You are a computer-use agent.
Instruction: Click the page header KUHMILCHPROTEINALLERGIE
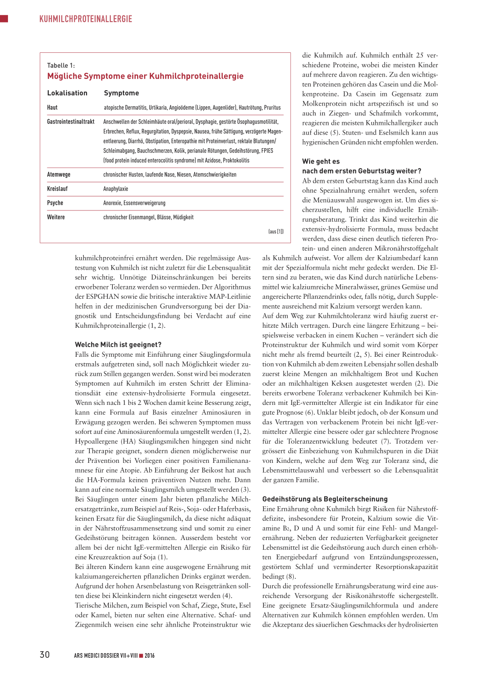[x=86, y=19]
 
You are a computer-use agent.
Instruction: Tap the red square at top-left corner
[x=4, y=19]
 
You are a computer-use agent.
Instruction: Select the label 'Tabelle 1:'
[x=61, y=65]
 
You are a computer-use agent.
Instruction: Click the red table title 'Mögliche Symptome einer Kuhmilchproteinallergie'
[x=145, y=76]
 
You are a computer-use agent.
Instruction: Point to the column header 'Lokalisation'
[x=67, y=93]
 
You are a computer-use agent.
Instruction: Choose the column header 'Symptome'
[x=121, y=93]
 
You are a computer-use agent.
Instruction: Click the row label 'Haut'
[x=52, y=108]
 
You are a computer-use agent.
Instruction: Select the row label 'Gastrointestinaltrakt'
[x=71, y=122]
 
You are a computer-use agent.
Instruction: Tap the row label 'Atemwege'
[x=58, y=174]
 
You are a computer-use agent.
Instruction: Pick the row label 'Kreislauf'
[x=57, y=189]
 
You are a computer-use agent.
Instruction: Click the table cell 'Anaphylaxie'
[x=116, y=189]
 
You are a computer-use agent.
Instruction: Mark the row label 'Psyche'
[x=55, y=203]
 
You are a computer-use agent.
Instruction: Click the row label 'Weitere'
[x=56, y=217]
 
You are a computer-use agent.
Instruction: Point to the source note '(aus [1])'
[x=276, y=231]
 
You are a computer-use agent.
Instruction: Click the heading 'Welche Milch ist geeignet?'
[x=118, y=345]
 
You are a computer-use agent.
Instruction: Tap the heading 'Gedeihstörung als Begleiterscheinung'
[x=325, y=499]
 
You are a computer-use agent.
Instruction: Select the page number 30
[x=44, y=655]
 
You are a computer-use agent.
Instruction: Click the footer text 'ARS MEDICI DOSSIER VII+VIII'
[x=106, y=655]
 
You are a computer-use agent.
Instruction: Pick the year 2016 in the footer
[x=150, y=655]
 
